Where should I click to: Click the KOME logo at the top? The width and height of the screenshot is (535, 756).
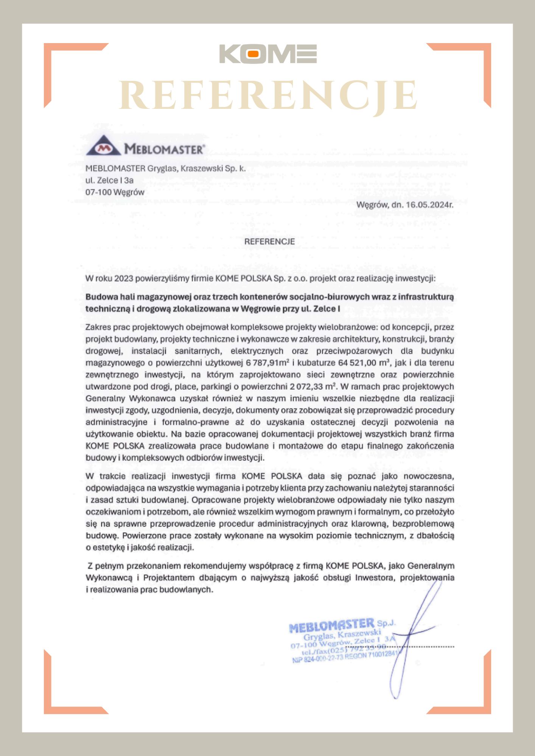click(x=268, y=54)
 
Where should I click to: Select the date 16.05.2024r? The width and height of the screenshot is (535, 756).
click(x=429, y=205)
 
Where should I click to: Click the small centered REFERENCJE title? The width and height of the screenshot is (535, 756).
click(x=269, y=242)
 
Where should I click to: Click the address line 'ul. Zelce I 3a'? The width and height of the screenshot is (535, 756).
click(x=109, y=180)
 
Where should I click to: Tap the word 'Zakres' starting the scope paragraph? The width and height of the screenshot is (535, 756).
click(x=98, y=327)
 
